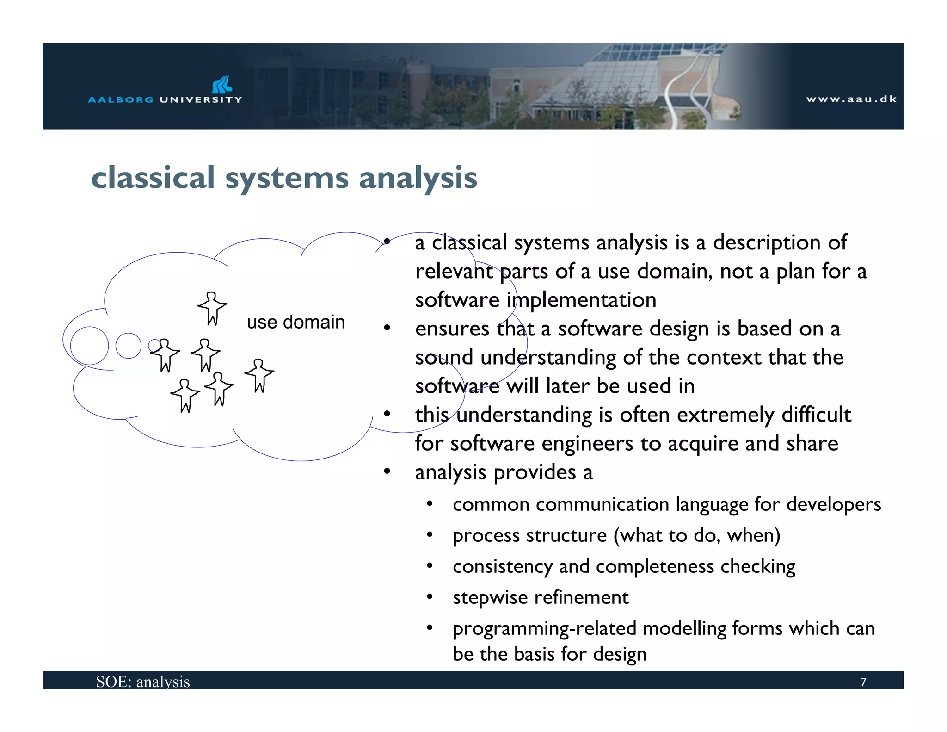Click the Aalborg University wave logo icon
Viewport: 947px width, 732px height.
(x=221, y=85)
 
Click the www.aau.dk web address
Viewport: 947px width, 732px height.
(x=851, y=99)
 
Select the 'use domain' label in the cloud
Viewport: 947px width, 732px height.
(x=296, y=322)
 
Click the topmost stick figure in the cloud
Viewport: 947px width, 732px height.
(x=212, y=308)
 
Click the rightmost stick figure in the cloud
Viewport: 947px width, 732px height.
(x=259, y=375)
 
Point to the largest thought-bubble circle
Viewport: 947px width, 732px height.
(x=89, y=346)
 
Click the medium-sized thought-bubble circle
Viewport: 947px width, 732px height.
(x=128, y=346)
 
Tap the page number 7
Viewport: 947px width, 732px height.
(x=863, y=682)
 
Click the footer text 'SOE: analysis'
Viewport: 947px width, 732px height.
(x=143, y=682)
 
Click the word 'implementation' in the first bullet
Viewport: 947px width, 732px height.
(x=581, y=300)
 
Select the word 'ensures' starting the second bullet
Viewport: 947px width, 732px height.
(x=452, y=329)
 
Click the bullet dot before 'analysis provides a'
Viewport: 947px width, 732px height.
(x=387, y=471)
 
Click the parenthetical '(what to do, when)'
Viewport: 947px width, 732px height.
(x=697, y=535)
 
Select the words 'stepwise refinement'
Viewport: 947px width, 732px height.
(x=541, y=597)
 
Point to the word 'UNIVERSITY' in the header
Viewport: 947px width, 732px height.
(x=201, y=99)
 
